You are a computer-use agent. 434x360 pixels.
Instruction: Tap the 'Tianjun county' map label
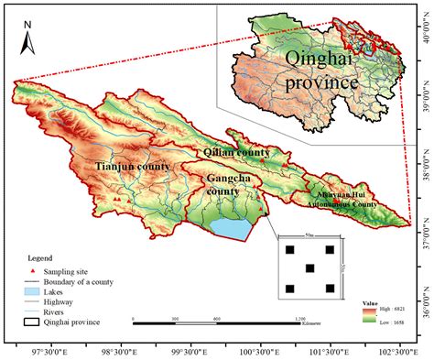pyautogui.click(x=132, y=166)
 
